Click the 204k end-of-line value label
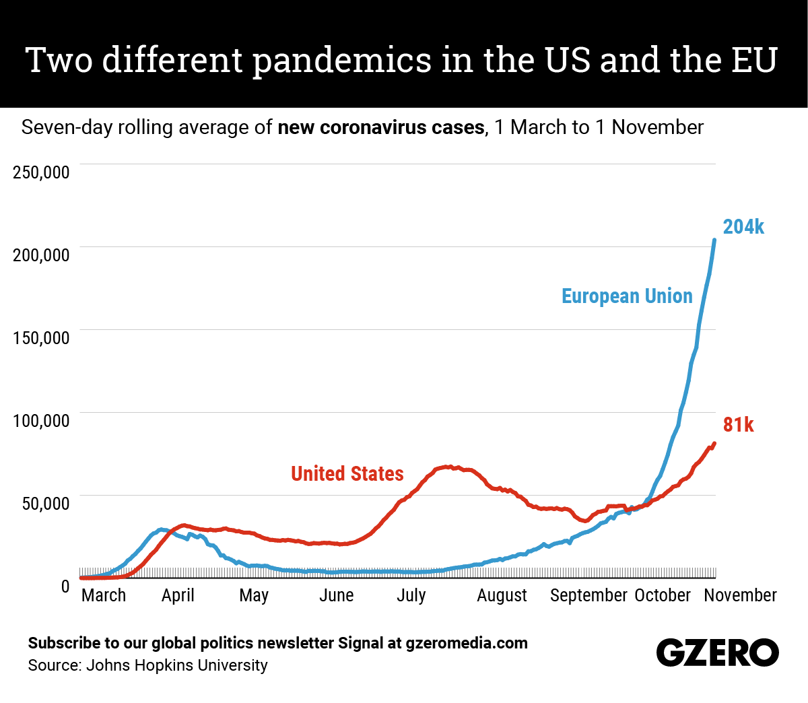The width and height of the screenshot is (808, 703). (743, 227)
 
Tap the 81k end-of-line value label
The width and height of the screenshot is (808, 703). (738, 425)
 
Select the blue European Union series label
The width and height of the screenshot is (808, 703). (627, 296)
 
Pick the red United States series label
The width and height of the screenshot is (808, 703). (347, 474)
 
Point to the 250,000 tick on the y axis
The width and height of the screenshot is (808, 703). (41, 172)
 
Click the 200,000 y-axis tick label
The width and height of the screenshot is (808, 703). (41, 255)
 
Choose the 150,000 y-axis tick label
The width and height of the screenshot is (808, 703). (41, 337)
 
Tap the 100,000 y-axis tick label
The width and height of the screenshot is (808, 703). (41, 420)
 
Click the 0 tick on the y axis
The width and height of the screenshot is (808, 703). (65, 587)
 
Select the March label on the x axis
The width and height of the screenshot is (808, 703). (104, 595)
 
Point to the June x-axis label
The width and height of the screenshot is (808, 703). (336, 595)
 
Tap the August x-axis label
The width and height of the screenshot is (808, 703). (502, 595)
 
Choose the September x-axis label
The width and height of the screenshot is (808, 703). (588, 595)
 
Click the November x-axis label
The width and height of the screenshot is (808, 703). (740, 595)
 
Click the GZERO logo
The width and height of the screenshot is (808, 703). (717, 652)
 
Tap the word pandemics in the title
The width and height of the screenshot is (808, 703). (341, 60)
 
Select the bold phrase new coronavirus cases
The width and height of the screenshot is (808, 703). (380, 127)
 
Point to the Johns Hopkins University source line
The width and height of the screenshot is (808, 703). (147, 665)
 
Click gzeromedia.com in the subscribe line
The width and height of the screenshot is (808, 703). (467, 643)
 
